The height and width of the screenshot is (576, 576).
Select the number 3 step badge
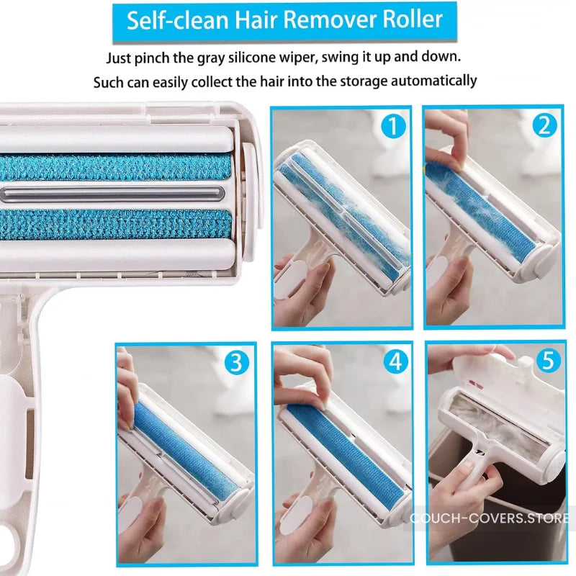(x=235, y=362)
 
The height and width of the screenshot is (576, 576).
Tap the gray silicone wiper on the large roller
(x=114, y=192)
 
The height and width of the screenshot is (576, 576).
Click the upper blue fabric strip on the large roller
(x=115, y=168)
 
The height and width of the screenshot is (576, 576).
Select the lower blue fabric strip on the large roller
(x=115, y=224)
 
